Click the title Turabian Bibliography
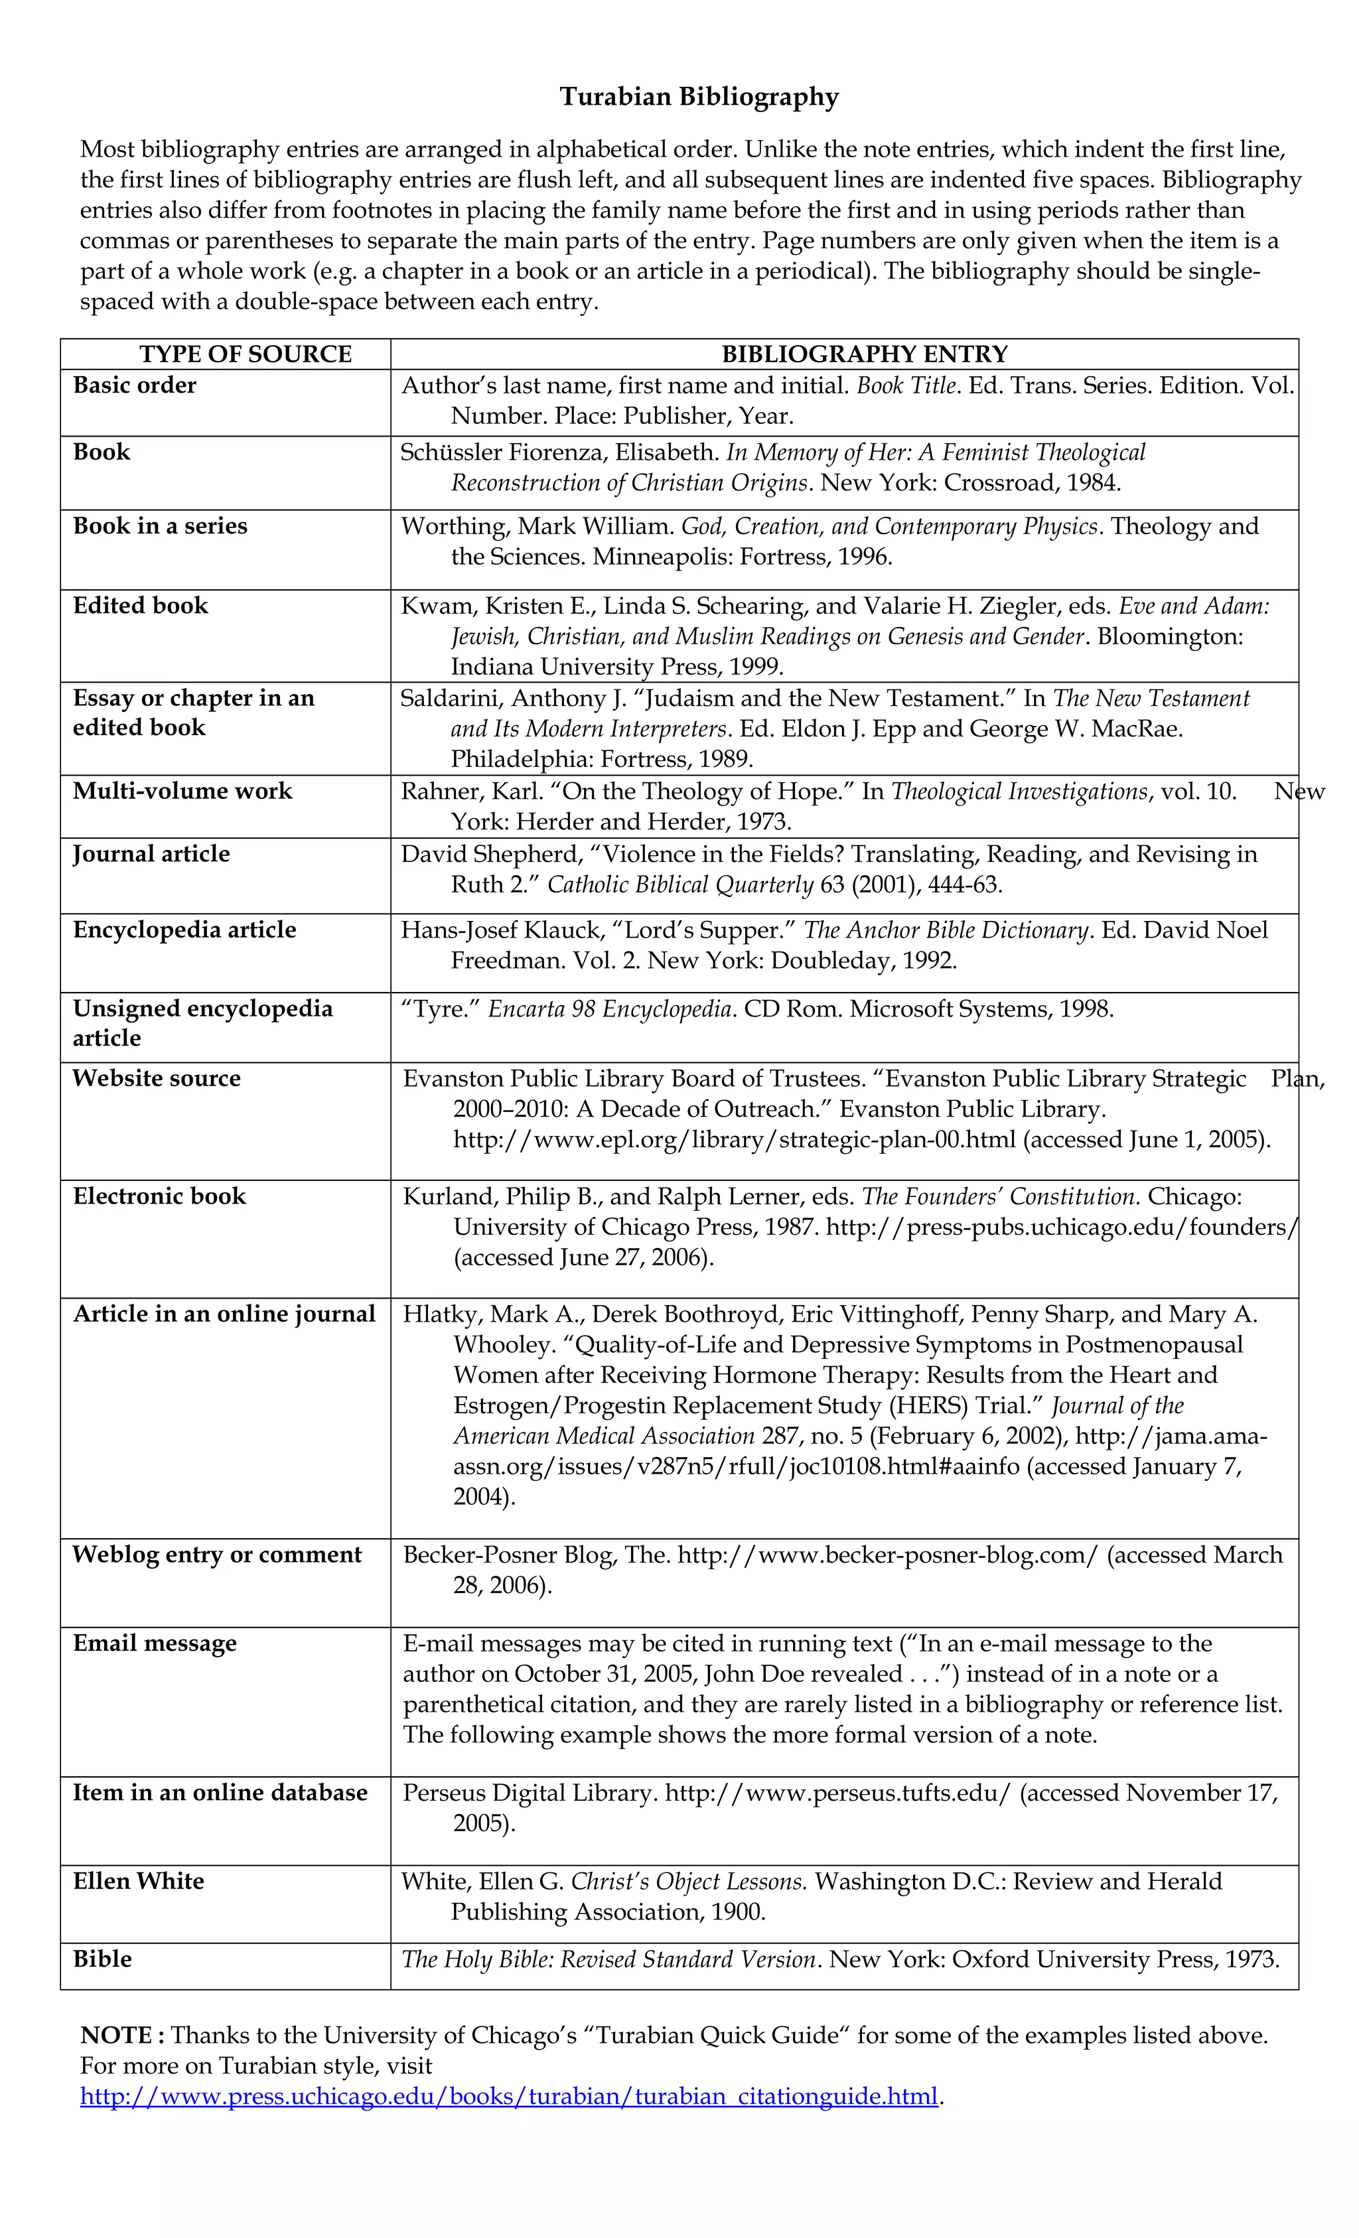(699, 97)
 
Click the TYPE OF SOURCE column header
(246, 354)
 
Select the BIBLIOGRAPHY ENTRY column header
(864, 354)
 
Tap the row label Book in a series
(160, 526)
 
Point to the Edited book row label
(141, 606)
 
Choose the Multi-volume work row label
(182, 791)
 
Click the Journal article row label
(152, 854)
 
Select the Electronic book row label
(160, 1196)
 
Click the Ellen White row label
(139, 1881)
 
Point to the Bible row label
(103, 1959)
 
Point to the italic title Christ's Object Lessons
(687, 1881)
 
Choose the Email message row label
(155, 1643)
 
